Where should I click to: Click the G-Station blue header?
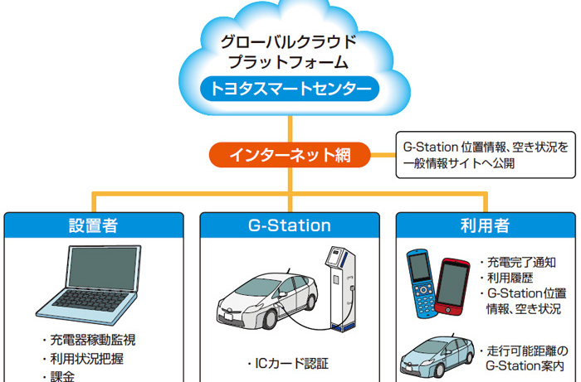tap(289, 225)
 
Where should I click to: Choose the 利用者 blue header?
tap(485, 225)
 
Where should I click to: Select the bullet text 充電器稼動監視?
tap(93, 340)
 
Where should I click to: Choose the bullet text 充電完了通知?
tap(519, 263)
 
